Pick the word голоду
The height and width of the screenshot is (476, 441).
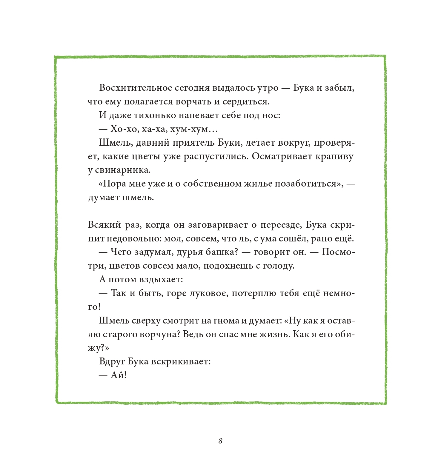pyautogui.click(x=278, y=266)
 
